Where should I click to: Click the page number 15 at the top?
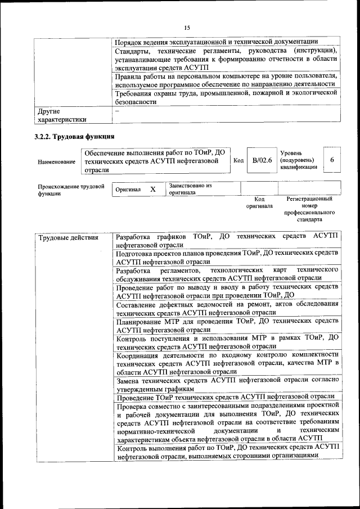(187, 27)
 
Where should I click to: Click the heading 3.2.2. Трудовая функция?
(76, 137)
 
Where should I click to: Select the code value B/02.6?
(262, 161)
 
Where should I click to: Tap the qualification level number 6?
(332, 160)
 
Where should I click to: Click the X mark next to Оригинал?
(152, 190)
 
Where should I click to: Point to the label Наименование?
(57, 162)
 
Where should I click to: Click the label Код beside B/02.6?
(238, 161)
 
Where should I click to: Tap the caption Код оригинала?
(259, 202)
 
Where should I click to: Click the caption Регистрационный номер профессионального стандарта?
(309, 209)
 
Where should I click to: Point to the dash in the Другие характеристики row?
(117, 111)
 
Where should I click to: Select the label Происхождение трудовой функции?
(71, 190)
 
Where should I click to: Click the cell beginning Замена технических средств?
(227, 384)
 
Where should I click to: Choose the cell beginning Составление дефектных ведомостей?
(227, 308)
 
